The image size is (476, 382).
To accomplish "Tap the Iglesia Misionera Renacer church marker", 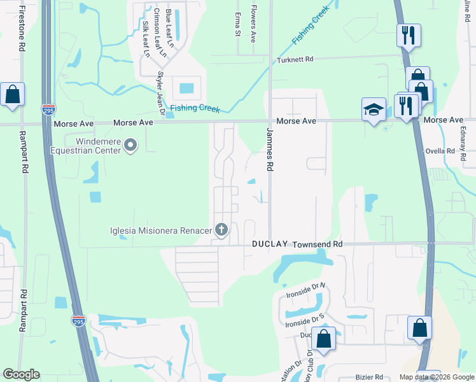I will pyautogui.click(x=221, y=229).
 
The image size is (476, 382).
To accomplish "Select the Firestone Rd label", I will pyautogui.click(x=22, y=29).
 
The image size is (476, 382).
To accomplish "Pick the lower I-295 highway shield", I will pyautogui.click(x=78, y=322).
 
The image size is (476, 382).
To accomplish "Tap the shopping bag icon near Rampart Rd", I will pyautogui.click(x=12, y=94).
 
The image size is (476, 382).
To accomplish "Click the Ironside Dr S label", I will pyautogui.click(x=305, y=320).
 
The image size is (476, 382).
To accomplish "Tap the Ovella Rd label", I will pyautogui.click(x=442, y=152).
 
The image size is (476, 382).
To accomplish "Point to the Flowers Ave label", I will pyautogui.click(x=253, y=24).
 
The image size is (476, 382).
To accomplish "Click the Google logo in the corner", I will pyautogui.click(x=21, y=374).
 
